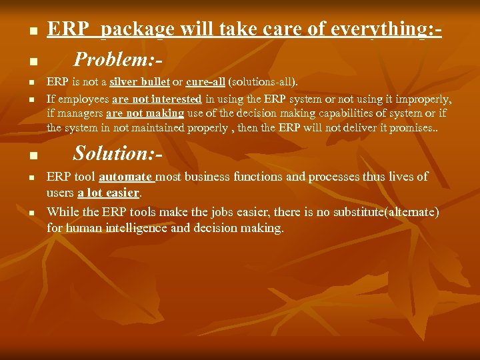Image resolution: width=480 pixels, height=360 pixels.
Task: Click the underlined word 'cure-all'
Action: point(205,82)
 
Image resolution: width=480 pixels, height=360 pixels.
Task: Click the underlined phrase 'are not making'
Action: point(145,113)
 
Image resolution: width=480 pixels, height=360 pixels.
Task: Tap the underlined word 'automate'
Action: point(126,177)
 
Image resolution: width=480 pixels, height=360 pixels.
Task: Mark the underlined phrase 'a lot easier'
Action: point(109,193)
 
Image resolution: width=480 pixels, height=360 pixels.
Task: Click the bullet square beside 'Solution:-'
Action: point(32,157)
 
